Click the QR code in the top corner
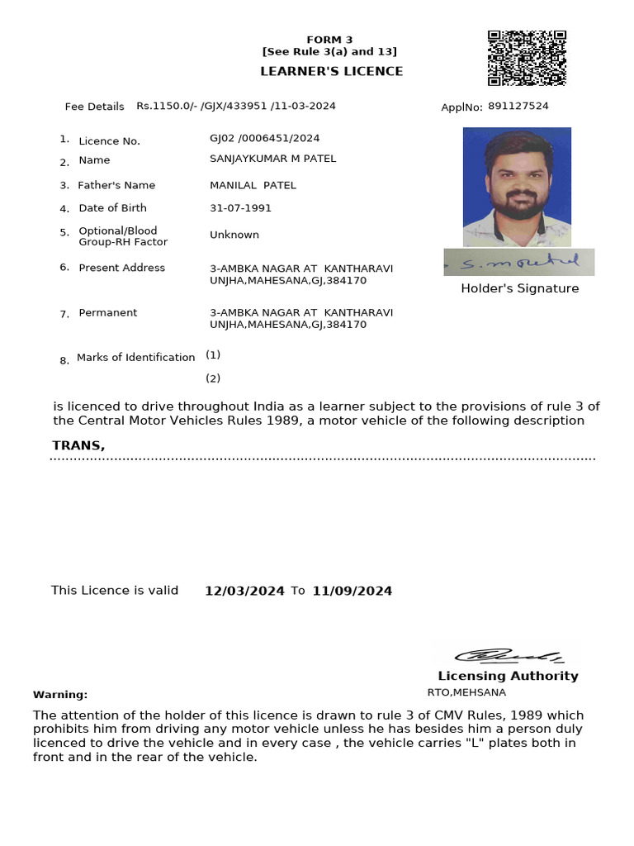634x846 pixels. tap(527, 59)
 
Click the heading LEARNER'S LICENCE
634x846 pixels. tap(331, 71)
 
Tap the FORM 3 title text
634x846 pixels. tap(329, 40)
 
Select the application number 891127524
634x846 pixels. tap(518, 106)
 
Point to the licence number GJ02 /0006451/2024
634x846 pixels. tap(264, 138)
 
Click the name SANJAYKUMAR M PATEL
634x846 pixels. tap(272, 159)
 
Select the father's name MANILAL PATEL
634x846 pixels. tap(253, 185)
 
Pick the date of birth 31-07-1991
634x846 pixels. tap(240, 208)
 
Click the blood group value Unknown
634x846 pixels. tap(234, 235)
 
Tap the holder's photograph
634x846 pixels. tap(517, 187)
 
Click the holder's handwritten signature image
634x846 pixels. tap(518, 262)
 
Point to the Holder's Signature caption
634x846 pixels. tap(519, 288)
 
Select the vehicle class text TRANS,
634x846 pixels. tap(78, 445)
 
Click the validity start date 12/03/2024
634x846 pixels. tap(244, 591)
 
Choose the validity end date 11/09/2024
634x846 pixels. tap(352, 591)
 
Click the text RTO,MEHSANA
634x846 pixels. tap(466, 692)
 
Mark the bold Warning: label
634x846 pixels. tap(60, 695)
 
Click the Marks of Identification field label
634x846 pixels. tap(135, 358)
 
